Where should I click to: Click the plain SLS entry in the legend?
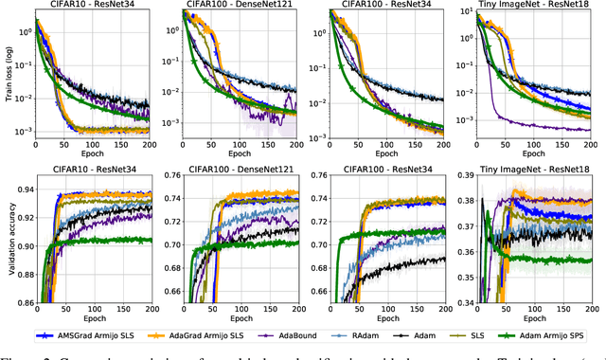[x=506, y=336]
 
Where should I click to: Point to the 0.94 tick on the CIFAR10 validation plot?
[x=21, y=189]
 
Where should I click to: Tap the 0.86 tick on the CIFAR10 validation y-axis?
[x=21, y=303]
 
